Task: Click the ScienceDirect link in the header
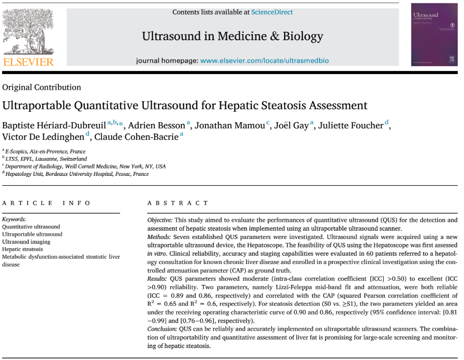272,12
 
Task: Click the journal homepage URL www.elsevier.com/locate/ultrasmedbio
264,61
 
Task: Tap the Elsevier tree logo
28,31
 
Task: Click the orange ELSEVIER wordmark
28,62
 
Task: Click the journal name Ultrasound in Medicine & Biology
233,36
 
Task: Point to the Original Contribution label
42,87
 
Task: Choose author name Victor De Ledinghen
43,137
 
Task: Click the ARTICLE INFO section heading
46,203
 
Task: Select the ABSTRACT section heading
178,203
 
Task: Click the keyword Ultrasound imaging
27,242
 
